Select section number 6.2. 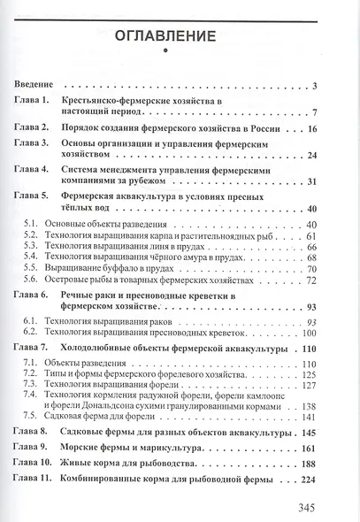31,333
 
